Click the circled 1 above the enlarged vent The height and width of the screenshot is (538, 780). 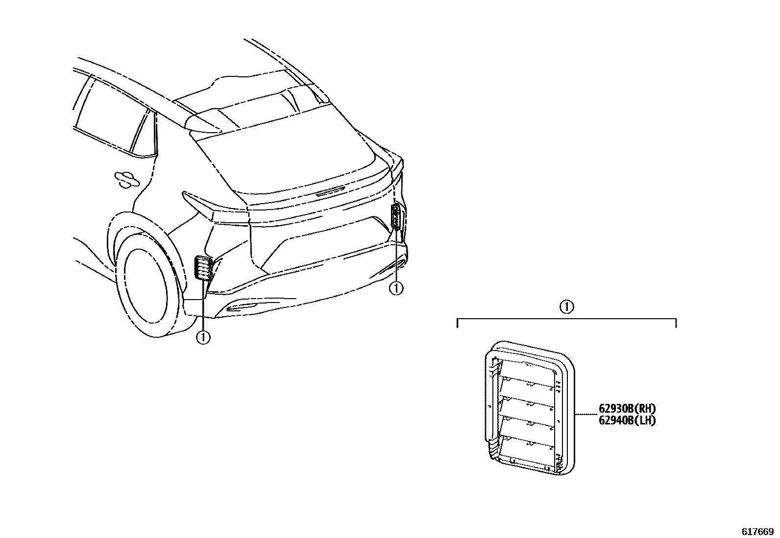[566, 307]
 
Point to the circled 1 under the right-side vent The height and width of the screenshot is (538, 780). [396, 289]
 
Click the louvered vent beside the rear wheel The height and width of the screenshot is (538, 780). [202, 268]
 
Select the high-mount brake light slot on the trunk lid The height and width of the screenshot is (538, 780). [330, 192]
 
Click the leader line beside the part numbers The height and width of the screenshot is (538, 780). [585, 415]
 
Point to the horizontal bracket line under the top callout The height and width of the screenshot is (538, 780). [566, 319]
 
